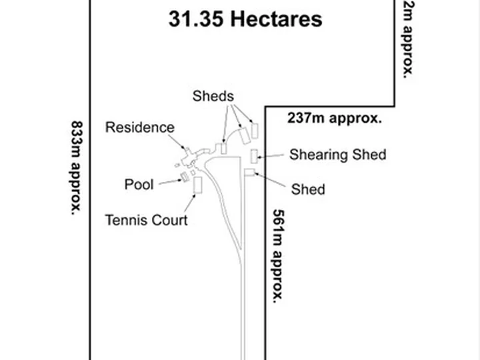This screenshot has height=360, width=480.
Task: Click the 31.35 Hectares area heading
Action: (x=245, y=19)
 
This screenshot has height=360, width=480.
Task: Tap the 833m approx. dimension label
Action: (x=76, y=168)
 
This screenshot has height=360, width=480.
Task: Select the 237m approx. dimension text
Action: (x=335, y=119)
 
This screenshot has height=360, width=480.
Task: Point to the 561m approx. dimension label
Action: (x=278, y=256)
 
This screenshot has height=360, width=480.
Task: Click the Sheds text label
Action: (x=213, y=96)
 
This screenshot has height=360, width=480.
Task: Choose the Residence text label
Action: (x=140, y=127)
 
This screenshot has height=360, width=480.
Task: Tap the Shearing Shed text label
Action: (x=337, y=155)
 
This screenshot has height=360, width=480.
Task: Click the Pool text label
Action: (x=139, y=185)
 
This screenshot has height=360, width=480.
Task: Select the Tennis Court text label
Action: (x=146, y=220)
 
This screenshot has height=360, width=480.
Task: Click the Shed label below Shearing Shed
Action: (x=308, y=189)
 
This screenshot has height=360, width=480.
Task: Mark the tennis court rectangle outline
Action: (x=198, y=185)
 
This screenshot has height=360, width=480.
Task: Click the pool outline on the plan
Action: (x=184, y=177)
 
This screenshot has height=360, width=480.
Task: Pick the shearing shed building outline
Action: (x=254, y=157)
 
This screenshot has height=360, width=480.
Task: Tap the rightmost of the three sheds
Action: (x=255, y=131)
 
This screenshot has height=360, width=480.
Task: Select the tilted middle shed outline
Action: (x=244, y=135)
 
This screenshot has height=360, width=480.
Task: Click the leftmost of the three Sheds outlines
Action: (x=224, y=149)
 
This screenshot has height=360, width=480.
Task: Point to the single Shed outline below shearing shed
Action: (x=249, y=173)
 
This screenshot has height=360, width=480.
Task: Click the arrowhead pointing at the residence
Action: (x=184, y=149)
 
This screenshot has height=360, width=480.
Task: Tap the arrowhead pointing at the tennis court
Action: (x=194, y=196)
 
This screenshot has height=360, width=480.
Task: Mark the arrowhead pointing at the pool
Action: (x=180, y=180)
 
